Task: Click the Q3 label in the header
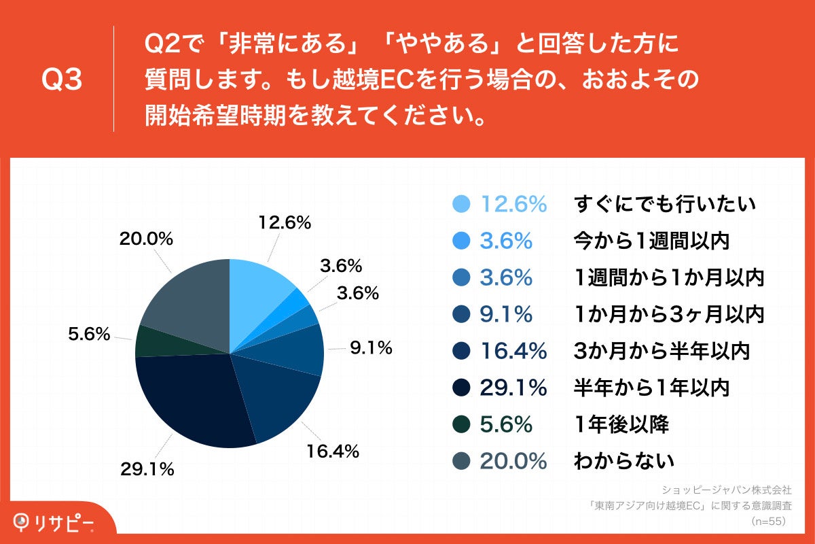pos(62,80)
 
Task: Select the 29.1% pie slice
pos(190,401)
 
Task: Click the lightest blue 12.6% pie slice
pos(258,286)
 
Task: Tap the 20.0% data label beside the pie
pos(146,239)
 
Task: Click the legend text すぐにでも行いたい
pos(665,204)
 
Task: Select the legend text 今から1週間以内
pos(651,241)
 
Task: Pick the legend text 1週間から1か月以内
pos(669,277)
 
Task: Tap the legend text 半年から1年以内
pos(651,388)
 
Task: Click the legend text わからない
pos(624,461)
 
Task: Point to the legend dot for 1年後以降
pos(461,424)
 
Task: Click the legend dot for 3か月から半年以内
pos(461,351)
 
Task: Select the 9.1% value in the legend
pos(506,314)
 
